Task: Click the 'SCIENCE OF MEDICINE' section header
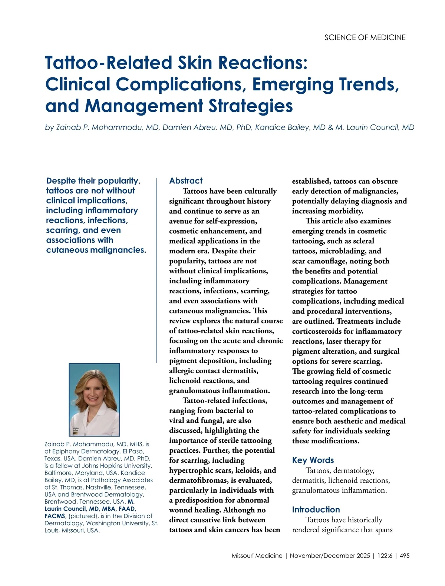(x=365, y=37)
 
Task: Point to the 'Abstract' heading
(x=186, y=181)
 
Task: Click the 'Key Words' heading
(x=313, y=460)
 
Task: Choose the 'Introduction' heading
(x=316, y=510)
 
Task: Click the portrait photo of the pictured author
(x=95, y=399)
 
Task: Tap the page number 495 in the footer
(x=405, y=556)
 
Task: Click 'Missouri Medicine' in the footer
(x=257, y=556)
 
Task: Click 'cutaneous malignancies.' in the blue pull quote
(x=96, y=250)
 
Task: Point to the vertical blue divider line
(x=156, y=270)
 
